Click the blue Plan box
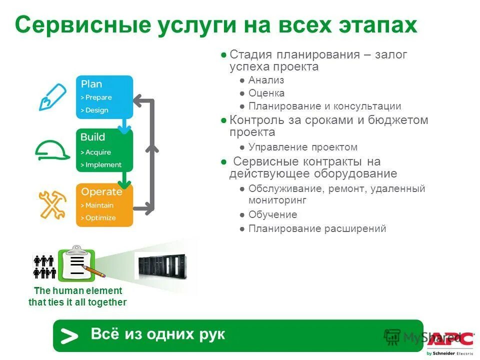click(104, 97)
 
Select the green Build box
click(104, 150)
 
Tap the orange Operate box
click(104, 204)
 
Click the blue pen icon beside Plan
click(52, 97)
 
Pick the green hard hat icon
click(52, 149)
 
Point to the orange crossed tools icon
click(52, 204)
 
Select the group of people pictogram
click(43, 266)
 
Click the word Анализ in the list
click(266, 80)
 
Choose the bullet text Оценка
click(266, 93)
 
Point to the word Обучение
click(272, 214)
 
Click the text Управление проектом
click(302, 147)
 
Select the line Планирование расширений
click(317, 228)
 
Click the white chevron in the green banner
click(69, 336)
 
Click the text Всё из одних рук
click(157, 334)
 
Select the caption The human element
click(77, 290)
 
